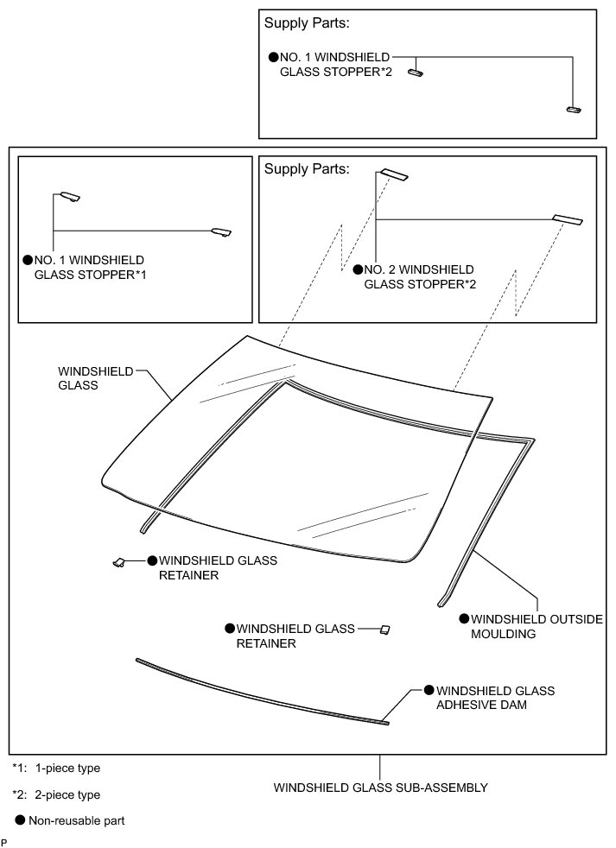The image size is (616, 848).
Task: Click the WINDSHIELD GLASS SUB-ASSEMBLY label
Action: coord(381,788)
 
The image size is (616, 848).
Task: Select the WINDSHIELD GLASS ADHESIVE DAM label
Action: coord(495,698)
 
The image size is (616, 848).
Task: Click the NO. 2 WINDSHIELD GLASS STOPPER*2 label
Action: coord(419,276)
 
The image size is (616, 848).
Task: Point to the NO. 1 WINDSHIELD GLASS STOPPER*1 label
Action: coord(88,267)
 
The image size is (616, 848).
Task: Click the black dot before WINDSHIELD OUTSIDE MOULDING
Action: coord(464,619)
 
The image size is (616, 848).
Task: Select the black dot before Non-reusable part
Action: coord(19,820)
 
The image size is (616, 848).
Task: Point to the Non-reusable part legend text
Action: coord(77,820)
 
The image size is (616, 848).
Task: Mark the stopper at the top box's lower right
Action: coord(574,110)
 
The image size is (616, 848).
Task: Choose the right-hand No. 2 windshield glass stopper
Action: coord(568,219)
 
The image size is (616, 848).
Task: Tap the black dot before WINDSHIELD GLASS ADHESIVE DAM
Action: coord(429,691)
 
